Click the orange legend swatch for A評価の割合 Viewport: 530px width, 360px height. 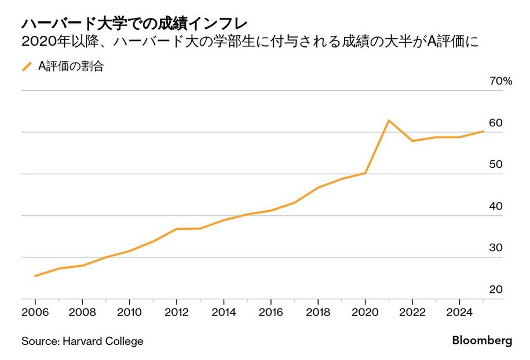pos(27,67)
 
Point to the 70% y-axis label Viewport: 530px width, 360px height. pos(501,82)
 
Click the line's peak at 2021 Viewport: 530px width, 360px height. pos(389,120)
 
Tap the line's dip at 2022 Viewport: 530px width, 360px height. pos(412,141)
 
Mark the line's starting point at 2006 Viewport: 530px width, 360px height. pos(35,276)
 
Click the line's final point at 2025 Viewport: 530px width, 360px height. pos(483,131)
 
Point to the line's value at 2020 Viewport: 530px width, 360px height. pos(365,172)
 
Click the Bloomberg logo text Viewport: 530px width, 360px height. pos(482,341)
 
